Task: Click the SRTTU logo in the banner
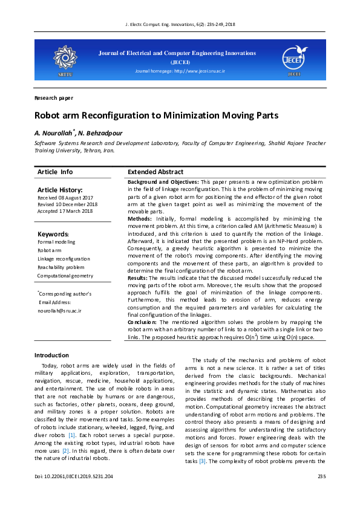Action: pyautogui.click(x=64, y=59)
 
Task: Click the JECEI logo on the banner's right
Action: pyautogui.click(x=294, y=58)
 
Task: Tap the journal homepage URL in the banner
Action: pyautogui.click(x=180, y=71)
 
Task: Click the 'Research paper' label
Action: pyautogui.click(x=54, y=98)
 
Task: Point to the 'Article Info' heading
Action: pyautogui.click(x=55, y=172)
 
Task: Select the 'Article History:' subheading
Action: pyautogui.click(x=59, y=190)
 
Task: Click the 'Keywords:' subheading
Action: pyautogui.click(x=53, y=234)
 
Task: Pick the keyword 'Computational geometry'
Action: pyautogui.click(x=65, y=276)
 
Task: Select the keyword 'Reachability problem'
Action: pyautogui.click(x=61, y=267)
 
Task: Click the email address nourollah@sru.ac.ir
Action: pyautogui.click(x=59, y=310)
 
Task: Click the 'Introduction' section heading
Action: pyautogui.click(x=51, y=355)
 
